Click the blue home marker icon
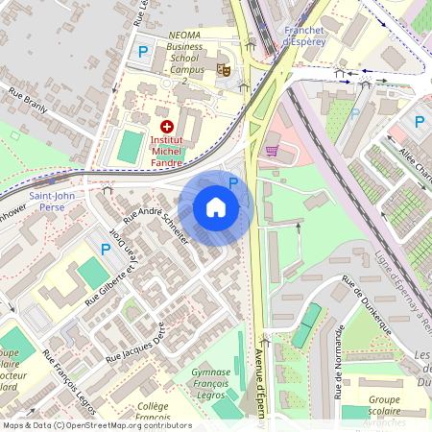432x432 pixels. coord(216,207)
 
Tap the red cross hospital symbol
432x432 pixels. coord(167,126)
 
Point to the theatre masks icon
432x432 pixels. coord(224,68)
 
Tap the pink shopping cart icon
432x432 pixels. coord(272,150)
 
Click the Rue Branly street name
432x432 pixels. coord(29,102)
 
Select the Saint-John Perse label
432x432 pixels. coord(53,201)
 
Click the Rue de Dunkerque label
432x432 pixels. coord(369,306)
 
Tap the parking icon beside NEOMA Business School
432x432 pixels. coord(144,52)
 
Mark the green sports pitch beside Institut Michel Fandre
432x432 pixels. coord(129,146)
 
